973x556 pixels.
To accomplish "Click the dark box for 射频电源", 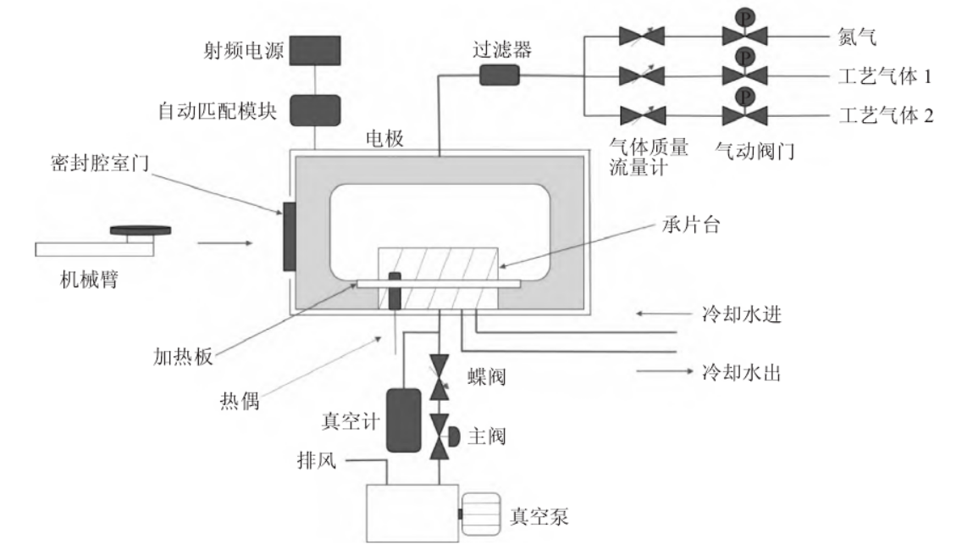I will click(315, 50).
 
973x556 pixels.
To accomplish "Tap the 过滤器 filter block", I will click(499, 75).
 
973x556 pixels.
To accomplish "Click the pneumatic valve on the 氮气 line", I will click(744, 36).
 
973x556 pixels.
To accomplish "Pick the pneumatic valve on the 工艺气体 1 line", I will click(744, 75).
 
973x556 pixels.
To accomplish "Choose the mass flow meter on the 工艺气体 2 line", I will click(642, 114).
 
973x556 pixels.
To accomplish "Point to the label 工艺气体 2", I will click(886, 114).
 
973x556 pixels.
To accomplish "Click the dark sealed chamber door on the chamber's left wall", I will click(289, 236).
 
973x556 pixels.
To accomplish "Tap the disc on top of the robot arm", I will click(141, 230).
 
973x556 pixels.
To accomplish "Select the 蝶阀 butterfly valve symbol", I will click(439, 376).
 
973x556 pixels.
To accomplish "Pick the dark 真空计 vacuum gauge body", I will click(404, 420).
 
